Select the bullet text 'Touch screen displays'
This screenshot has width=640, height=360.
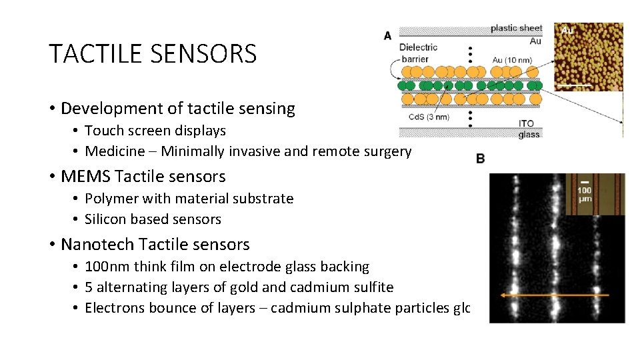pos(155,131)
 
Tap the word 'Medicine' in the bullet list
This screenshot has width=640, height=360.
pos(113,151)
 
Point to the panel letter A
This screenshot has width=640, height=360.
pos(387,35)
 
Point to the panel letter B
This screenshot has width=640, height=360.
pos(481,158)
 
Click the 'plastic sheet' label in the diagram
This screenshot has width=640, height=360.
pos(516,28)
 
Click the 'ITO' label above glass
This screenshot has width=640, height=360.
pos(525,124)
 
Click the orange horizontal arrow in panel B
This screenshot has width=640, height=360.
pos(554,295)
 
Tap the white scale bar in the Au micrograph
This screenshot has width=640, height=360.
pos(574,85)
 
